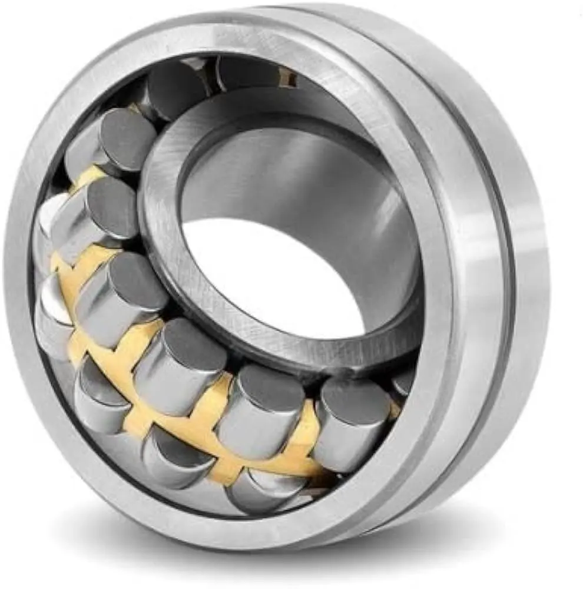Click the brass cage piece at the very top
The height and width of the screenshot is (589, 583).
286,77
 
